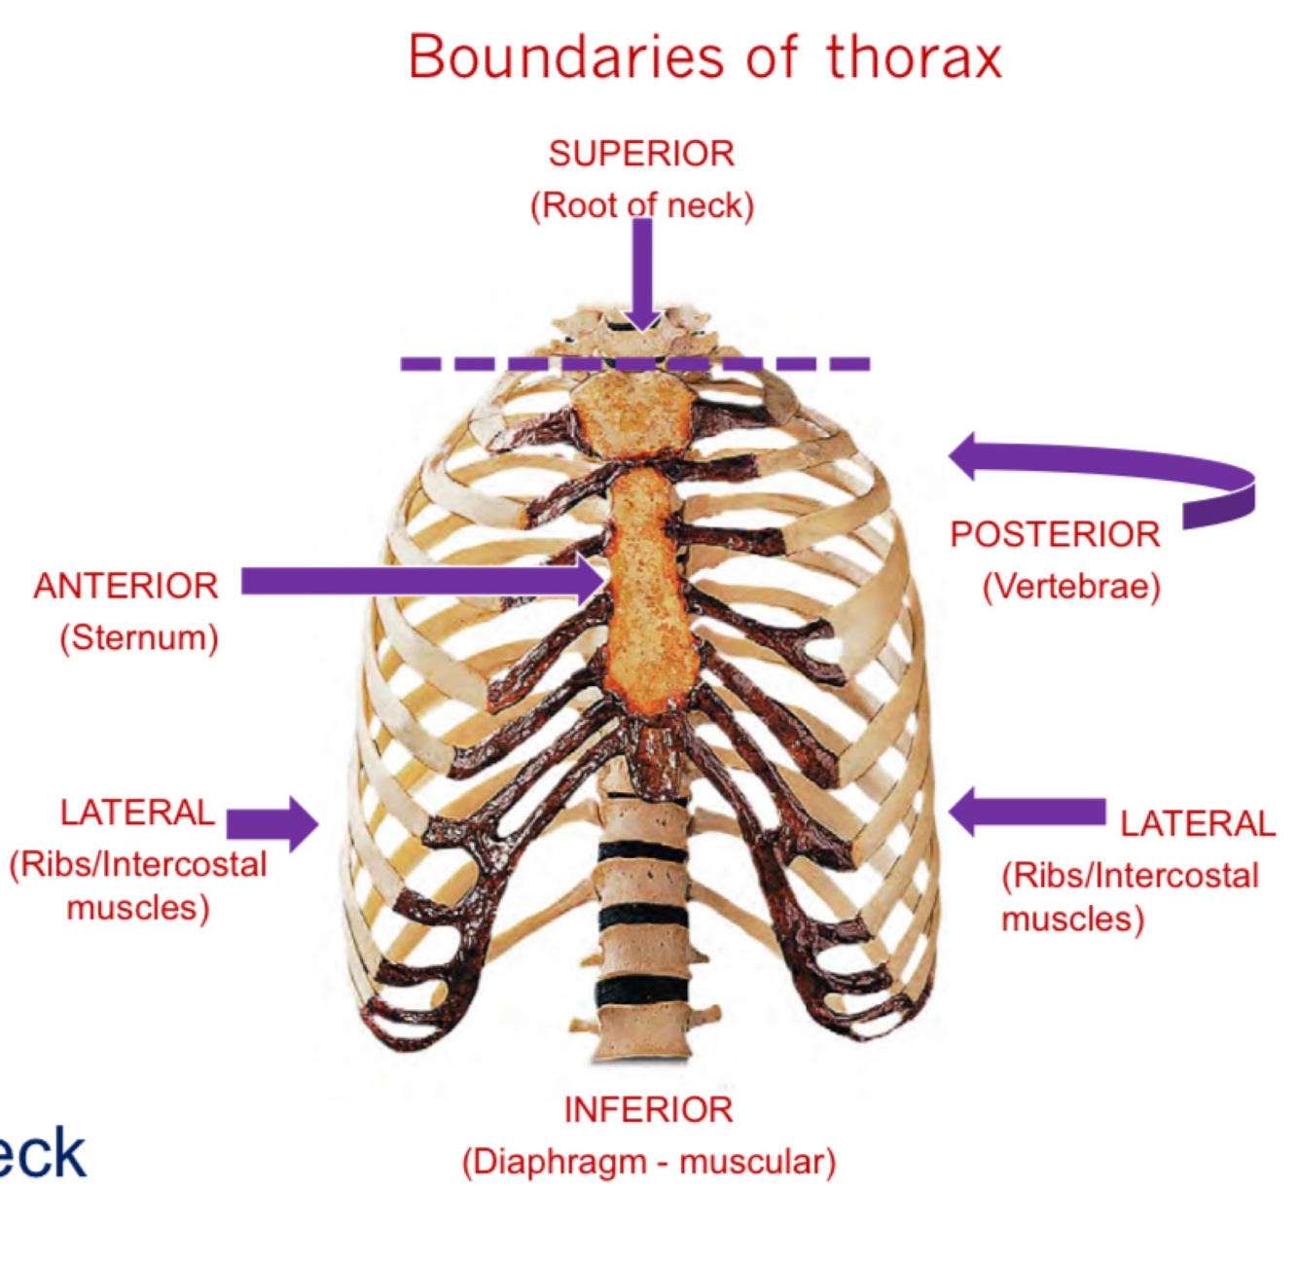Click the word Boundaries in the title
click(566, 57)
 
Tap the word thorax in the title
click(914, 57)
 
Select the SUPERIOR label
click(641, 154)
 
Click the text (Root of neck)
click(641, 206)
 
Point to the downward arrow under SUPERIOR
click(642, 277)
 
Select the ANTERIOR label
click(126, 587)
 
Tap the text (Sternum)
click(139, 638)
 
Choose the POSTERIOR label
click(1055, 535)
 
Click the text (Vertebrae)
click(1071, 587)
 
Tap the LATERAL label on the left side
click(137, 812)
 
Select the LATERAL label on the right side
click(1196, 824)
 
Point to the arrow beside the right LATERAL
click(1027, 812)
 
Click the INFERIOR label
click(648, 1109)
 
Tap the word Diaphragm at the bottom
click(555, 1162)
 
